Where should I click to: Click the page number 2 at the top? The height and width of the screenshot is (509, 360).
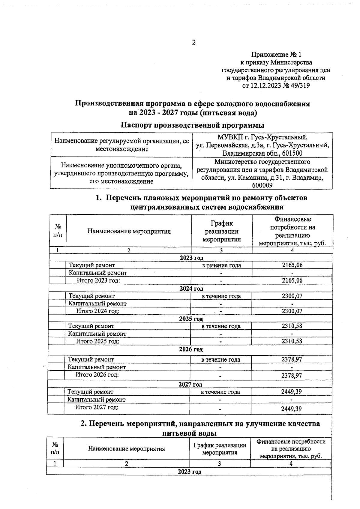pos(193,43)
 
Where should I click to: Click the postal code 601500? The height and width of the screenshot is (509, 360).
pos(290,153)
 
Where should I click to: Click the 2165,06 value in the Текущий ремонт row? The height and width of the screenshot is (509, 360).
pos(292,265)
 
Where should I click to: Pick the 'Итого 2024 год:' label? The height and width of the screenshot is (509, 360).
pos(98,311)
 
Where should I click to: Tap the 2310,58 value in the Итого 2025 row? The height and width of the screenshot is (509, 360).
pos(292,341)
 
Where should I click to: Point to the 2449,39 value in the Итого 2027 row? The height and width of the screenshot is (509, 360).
pos(291,409)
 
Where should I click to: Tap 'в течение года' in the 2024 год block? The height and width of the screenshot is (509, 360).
pos(221,296)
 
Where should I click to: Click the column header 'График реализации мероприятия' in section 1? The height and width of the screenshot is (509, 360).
pos(221,231)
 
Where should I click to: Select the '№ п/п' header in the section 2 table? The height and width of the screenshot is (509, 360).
pos(55,448)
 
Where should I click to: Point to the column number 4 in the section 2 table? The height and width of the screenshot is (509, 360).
pos(290,464)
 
